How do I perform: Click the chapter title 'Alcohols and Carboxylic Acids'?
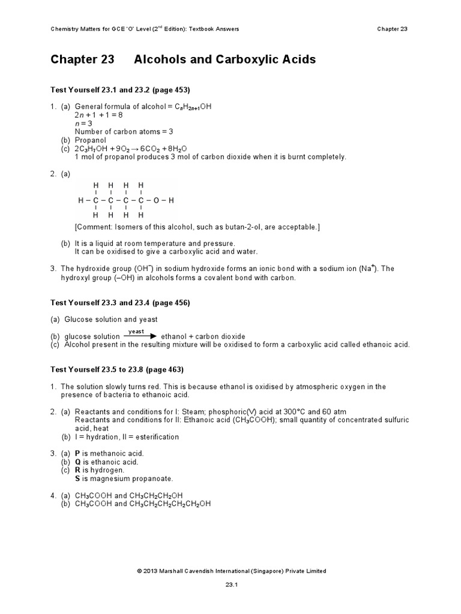click(x=224, y=60)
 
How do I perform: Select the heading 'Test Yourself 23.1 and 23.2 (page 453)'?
click(x=119, y=90)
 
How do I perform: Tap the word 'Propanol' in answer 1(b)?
click(x=90, y=140)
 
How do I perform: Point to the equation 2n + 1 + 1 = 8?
click(x=98, y=115)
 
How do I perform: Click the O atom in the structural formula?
click(x=156, y=200)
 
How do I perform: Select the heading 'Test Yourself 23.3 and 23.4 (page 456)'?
click(x=119, y=303)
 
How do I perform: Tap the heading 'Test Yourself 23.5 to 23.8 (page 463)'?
click(x=116, y=369)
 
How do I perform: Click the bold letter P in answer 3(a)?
click(x=77, y=453)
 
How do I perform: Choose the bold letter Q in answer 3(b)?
click(x=78, y=462)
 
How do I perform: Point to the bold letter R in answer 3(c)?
click(x=78, y=470)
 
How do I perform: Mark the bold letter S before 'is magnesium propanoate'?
click(x=77, y=478)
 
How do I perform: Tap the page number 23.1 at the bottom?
click(x=231, y=588)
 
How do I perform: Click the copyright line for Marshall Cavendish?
click(x=231, y=571)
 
